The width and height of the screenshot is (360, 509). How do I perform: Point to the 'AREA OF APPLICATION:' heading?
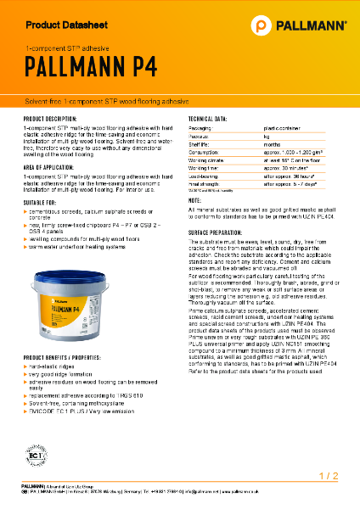point(54,168)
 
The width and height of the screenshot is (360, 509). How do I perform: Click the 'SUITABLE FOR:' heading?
point(42,204)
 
